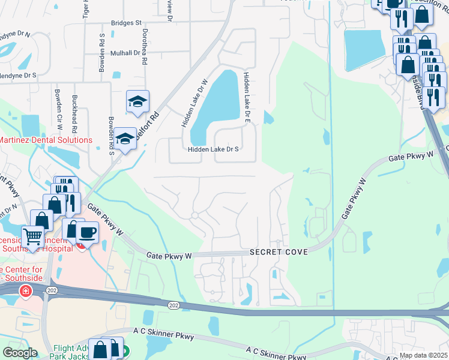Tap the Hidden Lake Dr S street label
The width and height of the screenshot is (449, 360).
click(214, 149)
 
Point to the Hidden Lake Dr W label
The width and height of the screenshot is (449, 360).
click(195, 103)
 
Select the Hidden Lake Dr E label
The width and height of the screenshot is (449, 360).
click(246, 97)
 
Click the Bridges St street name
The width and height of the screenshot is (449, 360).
click(126, 23)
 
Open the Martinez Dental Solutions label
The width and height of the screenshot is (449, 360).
click(46, 140)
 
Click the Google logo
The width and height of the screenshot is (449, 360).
click(20, 352)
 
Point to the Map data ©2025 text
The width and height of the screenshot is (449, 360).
click(423, 355)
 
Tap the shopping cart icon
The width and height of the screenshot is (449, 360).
click(32, 236)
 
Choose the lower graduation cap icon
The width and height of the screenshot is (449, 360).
click(125, 139)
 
